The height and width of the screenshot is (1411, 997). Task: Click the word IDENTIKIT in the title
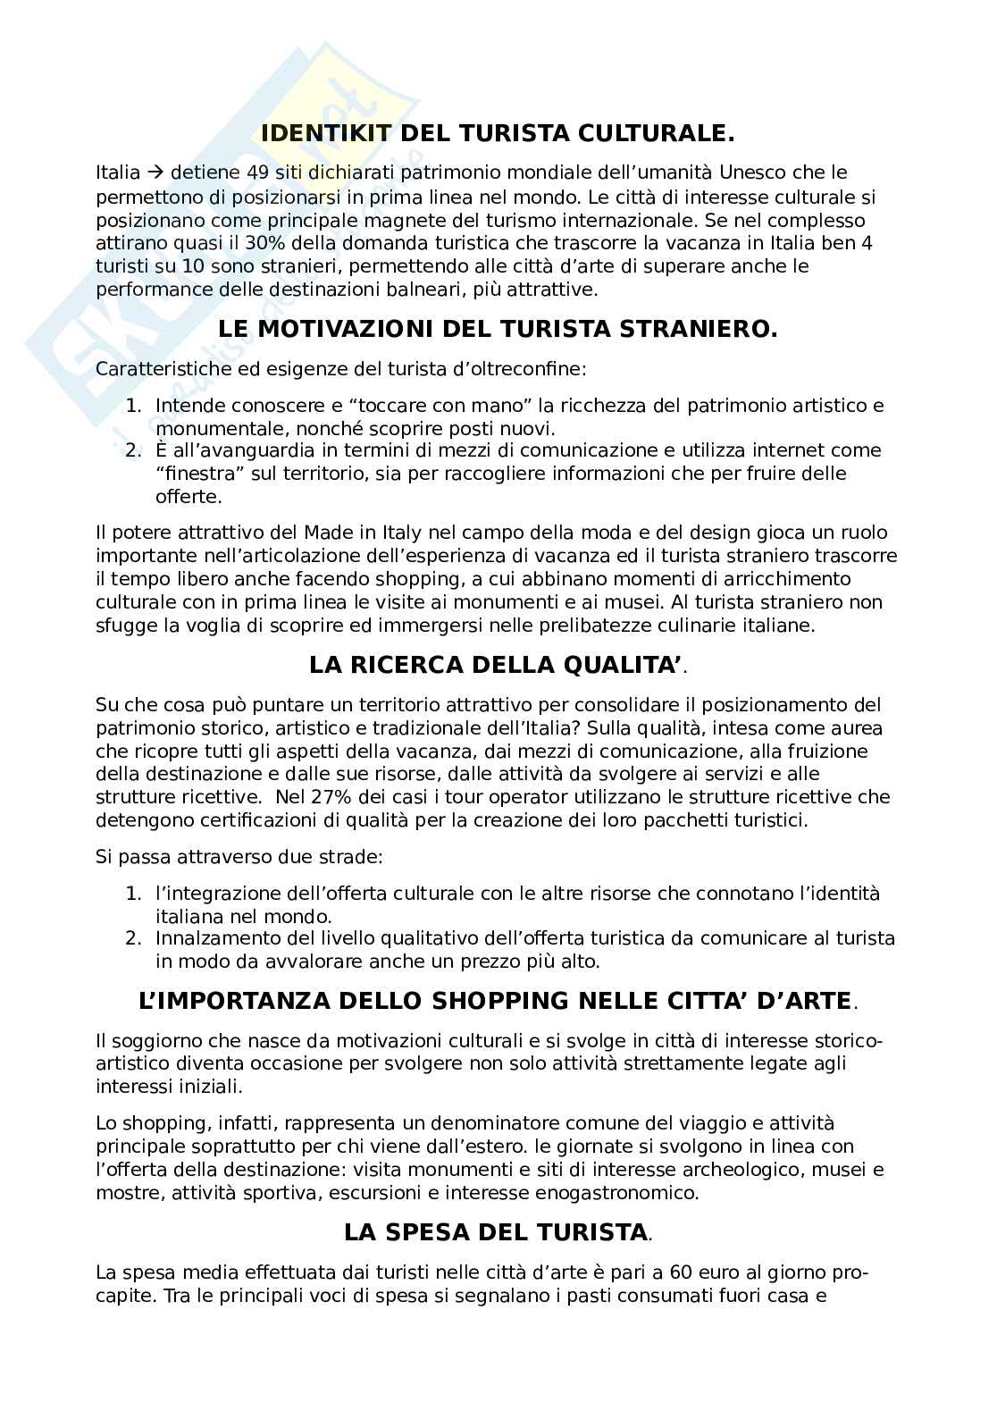(325, 134)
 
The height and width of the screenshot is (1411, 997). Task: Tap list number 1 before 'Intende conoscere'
(132, 406)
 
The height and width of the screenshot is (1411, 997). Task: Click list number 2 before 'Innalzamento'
(132, 938)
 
